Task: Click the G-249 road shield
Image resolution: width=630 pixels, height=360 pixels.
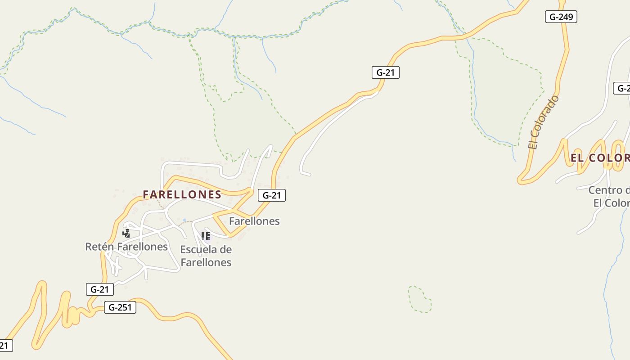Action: tap(561, 17)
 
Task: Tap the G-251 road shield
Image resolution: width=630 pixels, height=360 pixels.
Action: tap(120, 308)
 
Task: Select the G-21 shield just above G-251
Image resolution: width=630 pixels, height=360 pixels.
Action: tap(99, 289)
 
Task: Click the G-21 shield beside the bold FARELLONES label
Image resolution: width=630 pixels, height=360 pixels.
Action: tap(272, 195)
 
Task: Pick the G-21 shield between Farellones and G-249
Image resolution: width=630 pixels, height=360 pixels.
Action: tap(385, 72)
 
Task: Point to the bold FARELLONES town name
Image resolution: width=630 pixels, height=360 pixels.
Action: tap(182, 194)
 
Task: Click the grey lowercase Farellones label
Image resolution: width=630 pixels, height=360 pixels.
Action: tap(254, 221)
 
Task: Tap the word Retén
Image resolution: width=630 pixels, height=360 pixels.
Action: tap(98, 247)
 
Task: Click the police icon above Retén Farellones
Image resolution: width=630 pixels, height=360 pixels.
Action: tap(126, 233)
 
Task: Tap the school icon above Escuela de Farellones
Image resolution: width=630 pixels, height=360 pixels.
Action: tap(206, 236)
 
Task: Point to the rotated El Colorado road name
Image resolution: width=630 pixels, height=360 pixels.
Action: tap(544, 122)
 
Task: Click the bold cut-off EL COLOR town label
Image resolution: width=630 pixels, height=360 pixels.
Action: tap(600, 158)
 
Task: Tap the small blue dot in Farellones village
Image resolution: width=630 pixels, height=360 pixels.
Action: tap(184, 220)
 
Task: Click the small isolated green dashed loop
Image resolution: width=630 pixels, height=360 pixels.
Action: tap(420, 299)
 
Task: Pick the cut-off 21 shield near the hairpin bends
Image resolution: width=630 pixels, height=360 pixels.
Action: tap(4, 346)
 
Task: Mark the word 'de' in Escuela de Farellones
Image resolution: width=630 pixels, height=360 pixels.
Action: tap(226, 250)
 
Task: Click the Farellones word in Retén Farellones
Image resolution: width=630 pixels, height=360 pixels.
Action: tap(141, 247)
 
